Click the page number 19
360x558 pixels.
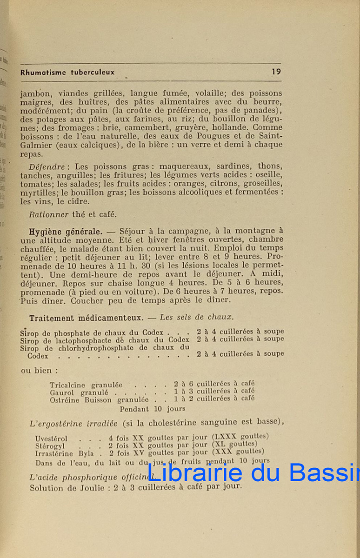tap(276, 72)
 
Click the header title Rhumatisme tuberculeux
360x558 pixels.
tap(67, 72)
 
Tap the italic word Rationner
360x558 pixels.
tap(48, 214)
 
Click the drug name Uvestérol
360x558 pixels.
tap(51, 438)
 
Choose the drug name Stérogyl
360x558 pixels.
tap(51, 445)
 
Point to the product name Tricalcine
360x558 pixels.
tap(68, 385)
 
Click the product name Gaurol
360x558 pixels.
tap(62, 392)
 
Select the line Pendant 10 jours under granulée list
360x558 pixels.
tap(152, 409)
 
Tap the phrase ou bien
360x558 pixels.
tap(40, 371)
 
